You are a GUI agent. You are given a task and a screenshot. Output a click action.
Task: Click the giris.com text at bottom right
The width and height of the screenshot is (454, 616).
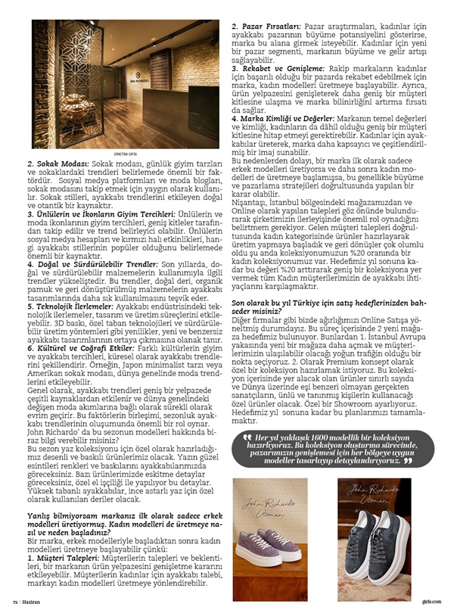(x=432, y=602)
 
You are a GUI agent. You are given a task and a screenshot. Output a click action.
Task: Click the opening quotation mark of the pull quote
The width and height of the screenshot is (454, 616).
(x=246, y=440)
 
